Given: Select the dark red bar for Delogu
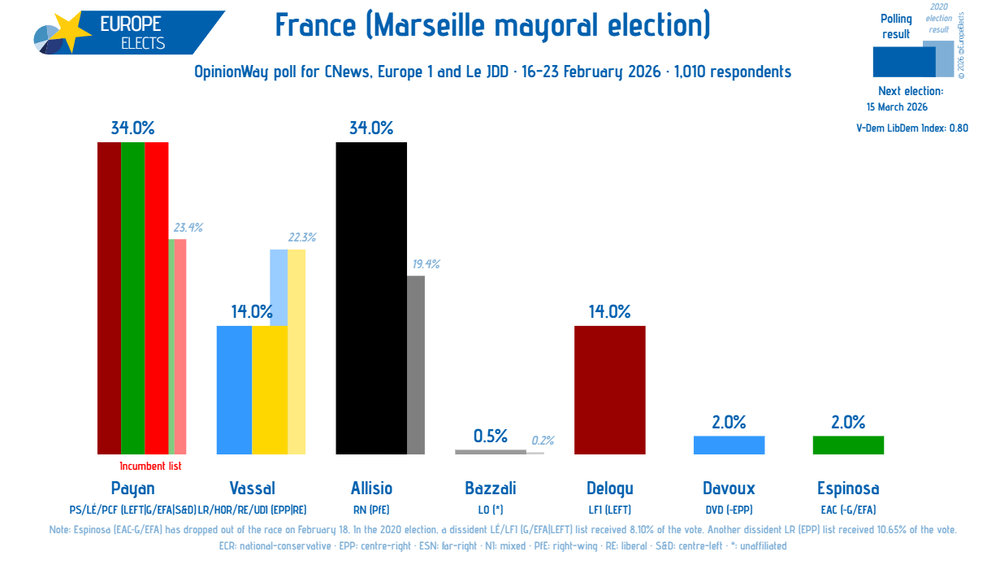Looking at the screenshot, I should coord(609,389).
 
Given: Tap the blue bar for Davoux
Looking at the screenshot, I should coord(729,445).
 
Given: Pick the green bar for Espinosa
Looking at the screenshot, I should coord(848,445).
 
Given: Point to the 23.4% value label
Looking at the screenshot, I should coord(186,228).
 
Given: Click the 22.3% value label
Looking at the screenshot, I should coord(301,237).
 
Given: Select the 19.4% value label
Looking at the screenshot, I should coord(425,264).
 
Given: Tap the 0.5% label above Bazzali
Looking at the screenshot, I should coord(491,437).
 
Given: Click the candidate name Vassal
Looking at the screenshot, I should coord(252,489).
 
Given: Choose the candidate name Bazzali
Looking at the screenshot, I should coord(491,489).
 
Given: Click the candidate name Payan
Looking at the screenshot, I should coord(132,489).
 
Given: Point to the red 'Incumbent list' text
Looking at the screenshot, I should coord(150,467).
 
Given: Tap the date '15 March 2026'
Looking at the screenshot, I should coord(897,107).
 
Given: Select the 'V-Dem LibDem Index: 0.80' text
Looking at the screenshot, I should coord(912,128).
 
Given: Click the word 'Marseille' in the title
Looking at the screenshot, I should coord(439,26).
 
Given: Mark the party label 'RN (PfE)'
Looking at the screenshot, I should coord(371,510).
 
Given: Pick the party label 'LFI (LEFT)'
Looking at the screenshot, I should coord(609,510).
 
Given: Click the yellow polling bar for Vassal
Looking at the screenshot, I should coord(270,389).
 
